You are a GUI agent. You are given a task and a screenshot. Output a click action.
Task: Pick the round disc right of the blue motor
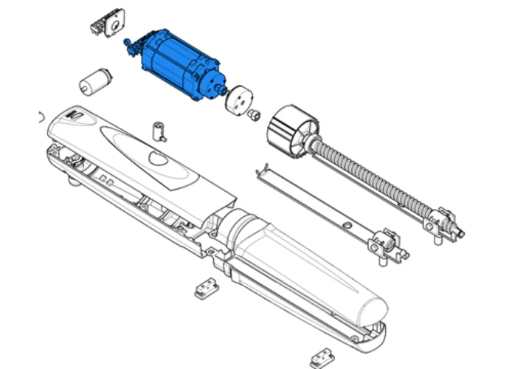click(239, 100)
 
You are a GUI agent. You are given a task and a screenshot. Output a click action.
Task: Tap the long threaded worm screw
click(376, 177)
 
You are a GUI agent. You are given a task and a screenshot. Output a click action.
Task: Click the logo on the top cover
click(74, 116)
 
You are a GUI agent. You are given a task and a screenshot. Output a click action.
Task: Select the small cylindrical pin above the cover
click(158, 131)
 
